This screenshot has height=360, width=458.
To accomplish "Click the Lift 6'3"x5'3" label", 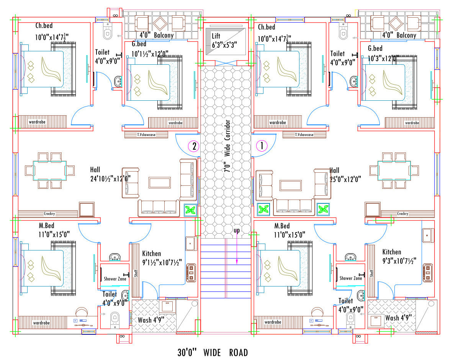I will pyautogui.click(x=224, y=40).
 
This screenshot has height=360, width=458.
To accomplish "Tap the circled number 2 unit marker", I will pyautogui.click(x=194, y=146).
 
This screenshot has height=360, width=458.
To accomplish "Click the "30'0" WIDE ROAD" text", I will pyautogui.click(x=213, y=352).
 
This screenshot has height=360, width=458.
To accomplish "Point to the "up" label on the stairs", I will pyautogui.click(x=237, y=231).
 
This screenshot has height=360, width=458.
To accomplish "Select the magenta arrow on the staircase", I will pyautogui.click(x=237, y=249).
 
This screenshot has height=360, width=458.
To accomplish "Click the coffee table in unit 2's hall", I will pyautogui.click(x=160, y=182).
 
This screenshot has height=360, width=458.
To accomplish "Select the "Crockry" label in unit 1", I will pyautogui.click(x=402, y=214).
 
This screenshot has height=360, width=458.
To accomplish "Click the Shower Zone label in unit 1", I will pyautogui.click(x=351, y=278).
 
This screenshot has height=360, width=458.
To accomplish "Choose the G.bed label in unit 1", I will pyautogui.click(x=375, y=49).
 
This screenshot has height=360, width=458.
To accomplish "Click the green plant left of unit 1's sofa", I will pyautogui.click(x=263, y=209).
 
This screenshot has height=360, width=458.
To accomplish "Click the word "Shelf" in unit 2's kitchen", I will pyautogui.click(x=136, y=273).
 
